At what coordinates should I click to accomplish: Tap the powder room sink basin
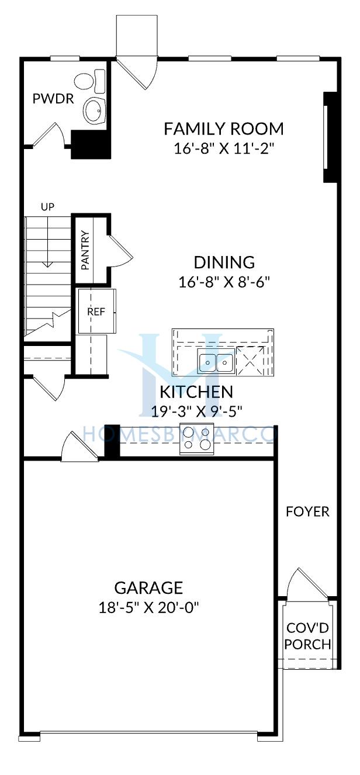click(94, 110)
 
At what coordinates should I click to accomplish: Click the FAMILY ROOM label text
click(224, 129)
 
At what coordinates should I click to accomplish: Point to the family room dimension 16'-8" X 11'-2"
click(224, 149)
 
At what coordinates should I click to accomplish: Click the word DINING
click(224, 262)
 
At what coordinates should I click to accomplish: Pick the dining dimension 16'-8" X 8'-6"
click(224, 282)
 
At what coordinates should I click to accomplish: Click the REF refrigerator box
click(97, 311)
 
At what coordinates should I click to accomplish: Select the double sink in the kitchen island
click(216, 361)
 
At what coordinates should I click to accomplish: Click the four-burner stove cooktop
click(196, 439)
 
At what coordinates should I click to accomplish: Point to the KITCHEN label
click(196, 392)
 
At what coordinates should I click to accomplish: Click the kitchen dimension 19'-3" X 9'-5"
click(196, 411)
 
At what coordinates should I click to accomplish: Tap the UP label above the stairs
click(48, 207)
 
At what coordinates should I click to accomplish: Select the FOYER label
click(307, 511)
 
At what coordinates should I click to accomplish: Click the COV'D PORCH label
click(307, 636)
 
